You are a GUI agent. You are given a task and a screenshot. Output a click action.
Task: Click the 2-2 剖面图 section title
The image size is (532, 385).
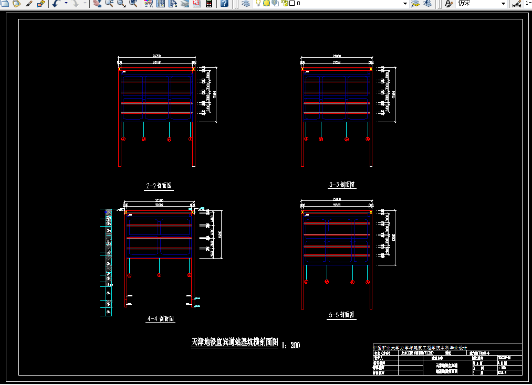pos(159,186)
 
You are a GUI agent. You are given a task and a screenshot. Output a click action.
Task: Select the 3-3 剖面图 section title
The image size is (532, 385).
pos(341,185)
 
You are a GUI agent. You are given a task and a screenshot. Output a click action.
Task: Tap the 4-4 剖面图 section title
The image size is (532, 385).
pos(161,318)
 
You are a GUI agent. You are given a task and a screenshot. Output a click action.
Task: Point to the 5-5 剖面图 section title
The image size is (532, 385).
pos(341,315)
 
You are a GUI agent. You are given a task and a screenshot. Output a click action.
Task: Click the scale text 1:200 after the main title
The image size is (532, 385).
pos(291,345)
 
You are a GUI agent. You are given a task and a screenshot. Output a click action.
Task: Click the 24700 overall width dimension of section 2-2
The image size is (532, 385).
pos(157,56)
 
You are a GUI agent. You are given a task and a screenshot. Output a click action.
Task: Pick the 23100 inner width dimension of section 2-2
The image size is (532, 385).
pos(157,62)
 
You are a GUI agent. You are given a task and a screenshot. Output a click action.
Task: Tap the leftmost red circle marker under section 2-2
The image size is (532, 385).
pos(123,139)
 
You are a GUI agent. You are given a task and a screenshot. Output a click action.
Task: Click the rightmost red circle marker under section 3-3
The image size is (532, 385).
pos(367,139)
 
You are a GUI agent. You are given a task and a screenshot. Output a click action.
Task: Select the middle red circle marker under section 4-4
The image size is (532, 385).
pos(160,275)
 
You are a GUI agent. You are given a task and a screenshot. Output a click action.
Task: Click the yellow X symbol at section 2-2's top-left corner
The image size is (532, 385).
pos(120,69)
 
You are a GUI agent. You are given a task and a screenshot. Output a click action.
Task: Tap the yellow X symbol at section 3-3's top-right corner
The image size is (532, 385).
pos(371,69)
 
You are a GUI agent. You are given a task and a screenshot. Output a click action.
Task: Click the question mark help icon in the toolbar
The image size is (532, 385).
pos(224,4)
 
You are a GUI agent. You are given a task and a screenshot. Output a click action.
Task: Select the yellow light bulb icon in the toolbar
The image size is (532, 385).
pos(258,4)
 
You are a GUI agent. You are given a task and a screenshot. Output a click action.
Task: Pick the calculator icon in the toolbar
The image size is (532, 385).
pos(208,4)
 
